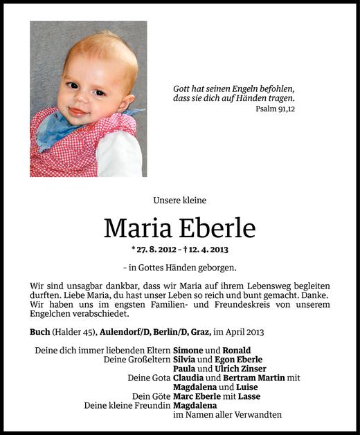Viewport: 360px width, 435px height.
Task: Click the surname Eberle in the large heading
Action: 219,228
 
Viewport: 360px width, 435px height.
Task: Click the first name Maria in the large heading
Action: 136,228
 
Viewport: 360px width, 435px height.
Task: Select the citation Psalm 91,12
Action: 275,109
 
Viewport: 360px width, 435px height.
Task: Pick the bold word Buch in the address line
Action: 40,331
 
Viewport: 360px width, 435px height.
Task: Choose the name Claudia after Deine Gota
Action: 190,378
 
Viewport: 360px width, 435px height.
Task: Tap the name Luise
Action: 242,387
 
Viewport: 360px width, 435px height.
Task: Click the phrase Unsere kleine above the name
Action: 180,201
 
